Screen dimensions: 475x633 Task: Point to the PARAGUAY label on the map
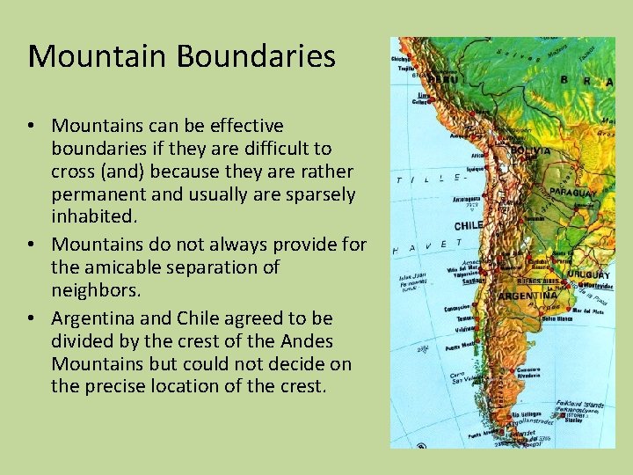(x=573, y=192)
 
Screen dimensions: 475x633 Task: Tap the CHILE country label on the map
(x=469, y=225)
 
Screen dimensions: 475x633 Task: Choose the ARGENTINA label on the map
(x=527, y=296)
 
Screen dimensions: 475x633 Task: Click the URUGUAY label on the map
(x=588, y=274)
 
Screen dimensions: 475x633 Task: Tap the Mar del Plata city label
(x=588, y=311)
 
